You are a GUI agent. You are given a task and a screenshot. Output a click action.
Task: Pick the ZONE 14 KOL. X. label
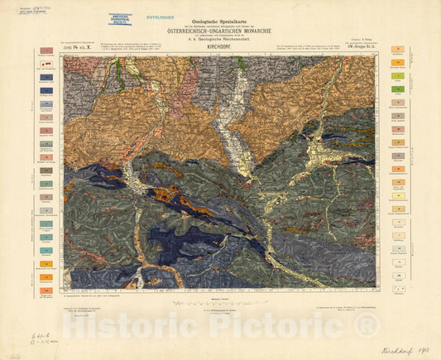[x=79, y=50]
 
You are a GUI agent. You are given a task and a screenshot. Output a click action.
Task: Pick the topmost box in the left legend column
[x=44, y=51]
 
